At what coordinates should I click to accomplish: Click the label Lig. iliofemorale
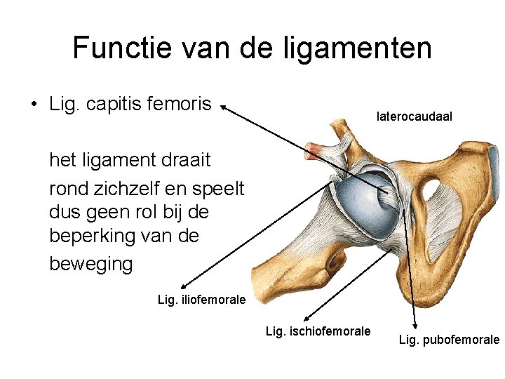(202, 300)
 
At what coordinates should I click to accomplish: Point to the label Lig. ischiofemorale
(318, 331)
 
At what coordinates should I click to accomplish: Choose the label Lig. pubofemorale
(449, 340)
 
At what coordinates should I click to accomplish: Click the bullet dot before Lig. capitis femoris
(34, 105)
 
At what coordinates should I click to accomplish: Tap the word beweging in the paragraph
(90, 264)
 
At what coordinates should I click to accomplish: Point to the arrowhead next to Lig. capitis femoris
(223, 107)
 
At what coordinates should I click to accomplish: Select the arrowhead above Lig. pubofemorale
(415, 324)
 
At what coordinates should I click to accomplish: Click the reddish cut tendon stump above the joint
(323, 149)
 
